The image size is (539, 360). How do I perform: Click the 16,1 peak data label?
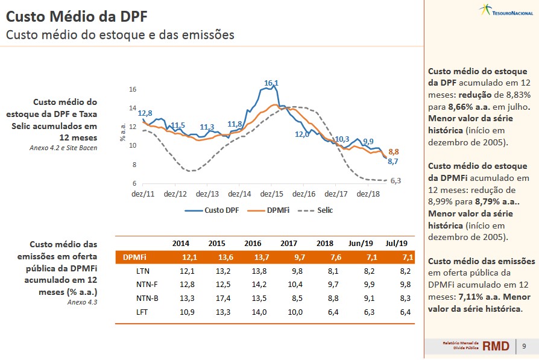click(x=271, y=83)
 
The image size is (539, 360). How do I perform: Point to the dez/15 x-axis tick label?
click(x=272, y=194)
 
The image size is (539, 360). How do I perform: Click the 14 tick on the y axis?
click(x=133, y=108)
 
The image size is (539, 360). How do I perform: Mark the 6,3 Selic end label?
click(x=396, y=180)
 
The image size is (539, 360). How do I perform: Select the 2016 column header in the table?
click(x=253, y=243)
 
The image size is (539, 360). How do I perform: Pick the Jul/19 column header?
click(x=396, y=243)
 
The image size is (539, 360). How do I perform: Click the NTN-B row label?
click(x=147, y=298)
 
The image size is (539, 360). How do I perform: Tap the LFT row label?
click(x=143, y=312)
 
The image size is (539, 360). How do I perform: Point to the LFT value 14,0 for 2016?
click(x=253, y=312)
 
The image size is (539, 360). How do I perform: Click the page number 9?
click(x=524, y=346)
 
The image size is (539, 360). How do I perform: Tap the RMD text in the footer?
click(x=496, y=346)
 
